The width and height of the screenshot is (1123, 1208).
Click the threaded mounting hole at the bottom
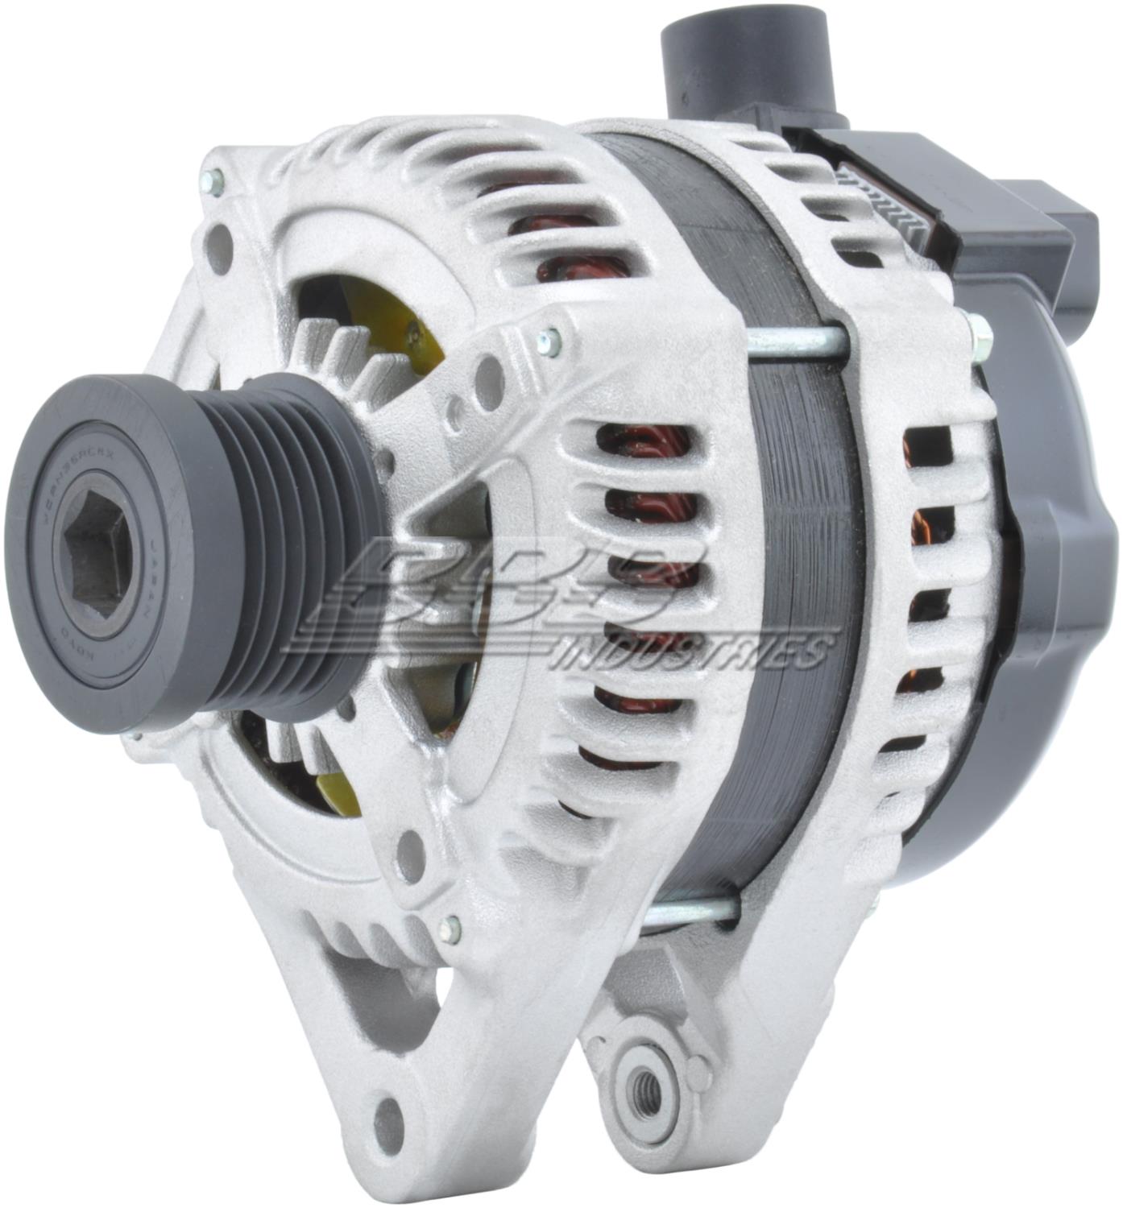[646, 1093]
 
